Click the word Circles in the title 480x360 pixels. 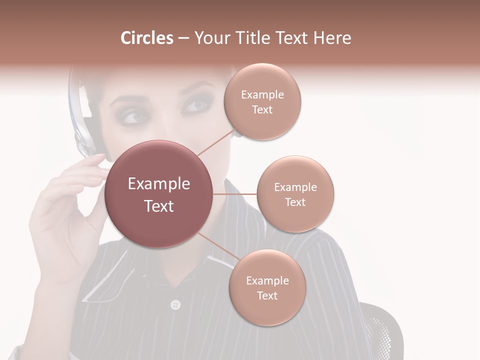(146, 38)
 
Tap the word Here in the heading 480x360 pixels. (329, 38)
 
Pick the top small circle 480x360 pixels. (262, 101)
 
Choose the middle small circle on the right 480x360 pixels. (295, 194)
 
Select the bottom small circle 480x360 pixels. (267, 287)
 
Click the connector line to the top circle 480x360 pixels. (216, 142)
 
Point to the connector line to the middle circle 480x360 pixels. (235, 194)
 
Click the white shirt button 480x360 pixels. (175, 304)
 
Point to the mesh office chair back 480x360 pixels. (382, 330)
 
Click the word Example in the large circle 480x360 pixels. (159, 184)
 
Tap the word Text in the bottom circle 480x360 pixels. (267, 295)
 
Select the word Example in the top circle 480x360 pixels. (262, 94)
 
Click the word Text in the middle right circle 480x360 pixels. (295, 202)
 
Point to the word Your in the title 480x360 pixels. (210, 38)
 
